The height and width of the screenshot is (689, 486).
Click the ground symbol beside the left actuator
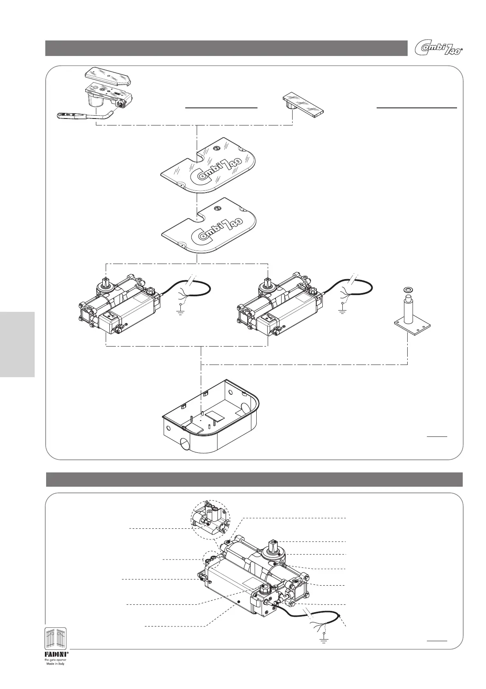click(x=180, y=311)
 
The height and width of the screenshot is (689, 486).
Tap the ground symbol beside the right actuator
click(x=342, y=311)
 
